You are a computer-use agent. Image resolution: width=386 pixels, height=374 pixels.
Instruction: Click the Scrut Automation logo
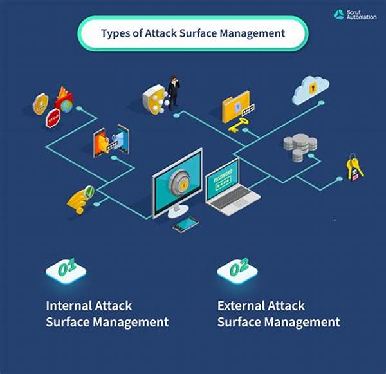354,15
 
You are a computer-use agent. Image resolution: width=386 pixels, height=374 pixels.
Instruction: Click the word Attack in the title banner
161,33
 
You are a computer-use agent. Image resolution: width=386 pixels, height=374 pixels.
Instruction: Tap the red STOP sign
53,118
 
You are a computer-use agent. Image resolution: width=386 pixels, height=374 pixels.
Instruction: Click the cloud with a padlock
311,90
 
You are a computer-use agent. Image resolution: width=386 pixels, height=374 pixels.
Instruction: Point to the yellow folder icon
235,107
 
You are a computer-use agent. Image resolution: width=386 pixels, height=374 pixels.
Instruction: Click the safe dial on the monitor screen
179,182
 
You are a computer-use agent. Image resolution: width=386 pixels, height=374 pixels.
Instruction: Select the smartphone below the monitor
186,225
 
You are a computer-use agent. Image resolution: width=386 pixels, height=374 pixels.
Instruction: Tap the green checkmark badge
89,191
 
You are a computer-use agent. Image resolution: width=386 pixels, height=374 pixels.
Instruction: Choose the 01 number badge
66,271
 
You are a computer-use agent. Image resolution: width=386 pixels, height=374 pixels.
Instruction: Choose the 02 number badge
237,271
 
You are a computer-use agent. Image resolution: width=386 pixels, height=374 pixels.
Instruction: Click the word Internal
69,306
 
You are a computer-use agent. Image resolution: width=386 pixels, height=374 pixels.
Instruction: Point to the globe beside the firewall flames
67,106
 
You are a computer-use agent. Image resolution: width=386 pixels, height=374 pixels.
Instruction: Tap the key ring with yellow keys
354,167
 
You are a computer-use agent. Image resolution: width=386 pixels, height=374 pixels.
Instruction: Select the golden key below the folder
238,124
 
